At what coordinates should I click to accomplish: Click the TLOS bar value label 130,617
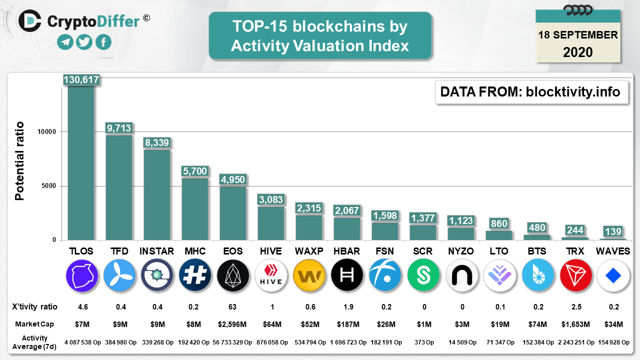pyautogui.click(x=81, y=79)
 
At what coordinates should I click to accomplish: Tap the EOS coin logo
pyautogui.click(x=233, y=275)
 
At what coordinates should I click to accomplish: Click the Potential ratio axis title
pyautogui.click(x=19, y=161)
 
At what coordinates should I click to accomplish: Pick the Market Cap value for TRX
pyautogui.click(x=575, y=324)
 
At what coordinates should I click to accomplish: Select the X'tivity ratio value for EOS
pyautogui.click(x=232, y=306)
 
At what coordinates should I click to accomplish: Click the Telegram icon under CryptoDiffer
pyautogui.click(x=65, y=42)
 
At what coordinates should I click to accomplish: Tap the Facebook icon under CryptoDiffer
pyautogui.click(x=103, y=42)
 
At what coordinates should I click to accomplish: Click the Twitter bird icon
pyautogui.click(x=84, y=42)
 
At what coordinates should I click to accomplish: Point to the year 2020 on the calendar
pyautogui.click(x=578, y=52)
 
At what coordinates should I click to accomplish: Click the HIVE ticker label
pyautogui.click(x=271, y=251)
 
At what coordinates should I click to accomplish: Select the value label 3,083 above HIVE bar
pyautogui.click(x=271, y=200)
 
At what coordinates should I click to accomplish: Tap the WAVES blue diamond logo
pyautogui.click(x=613, y=275)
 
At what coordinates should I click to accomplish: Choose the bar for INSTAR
pyautogui.click(x=157, y=195)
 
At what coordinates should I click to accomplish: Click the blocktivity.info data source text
pyautogui.click(x=572, y=92)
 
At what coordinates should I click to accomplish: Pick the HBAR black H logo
pyautogui.click(x=347, y=275)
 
